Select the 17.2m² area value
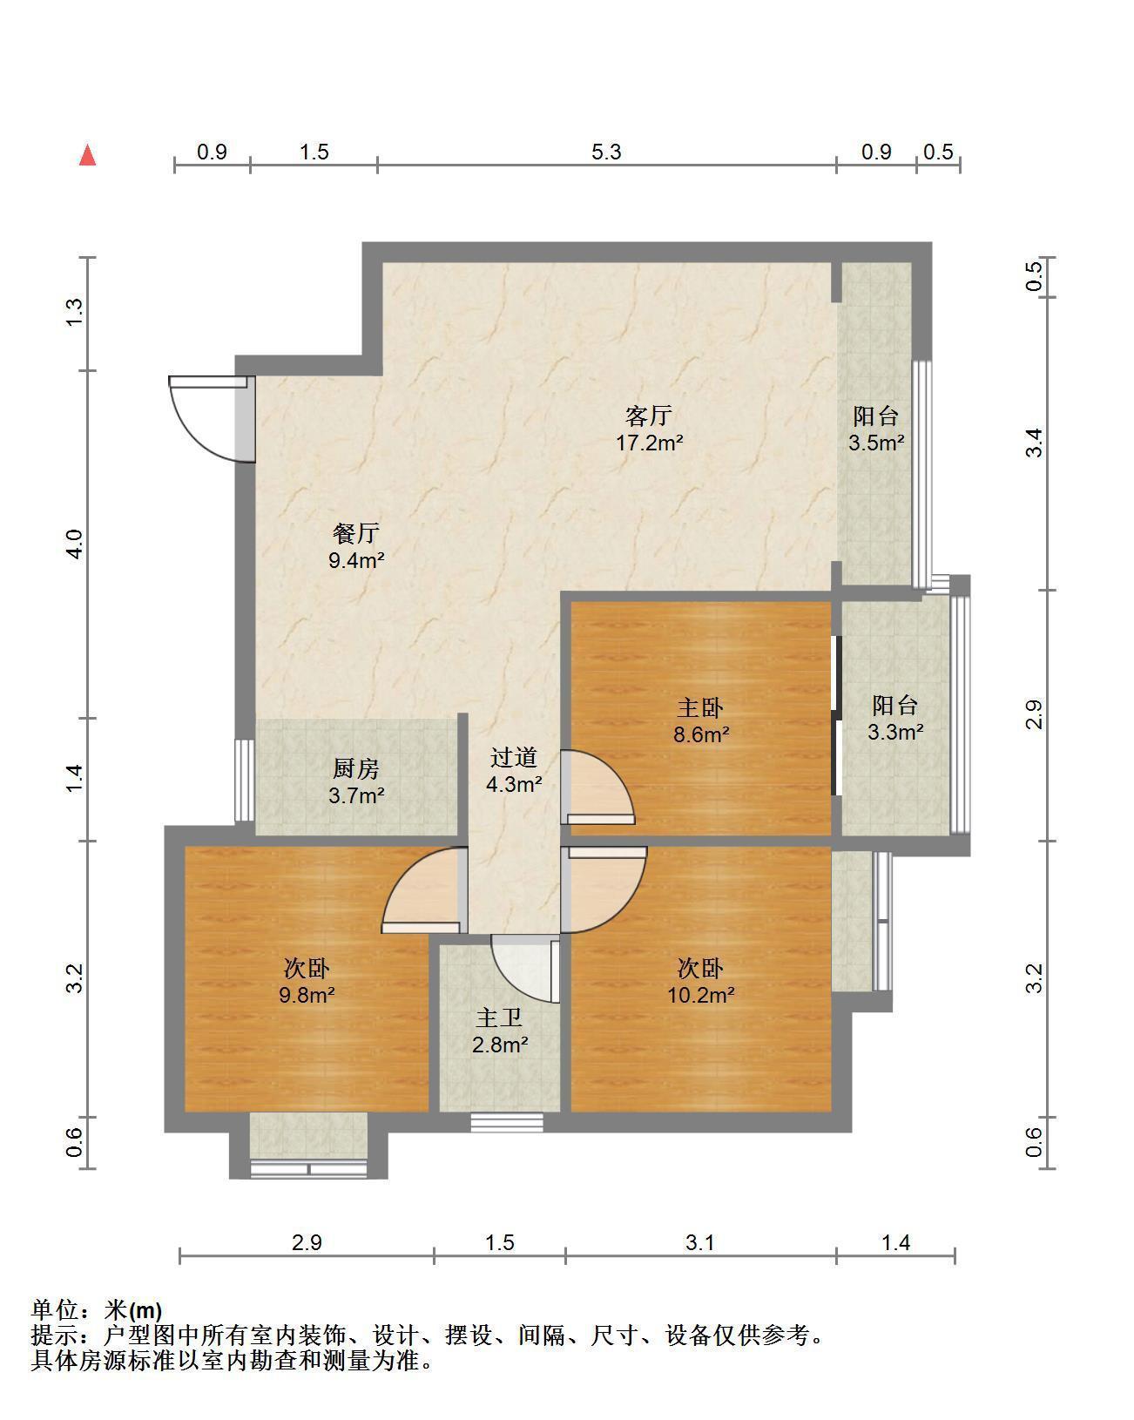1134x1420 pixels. tap(649, 442)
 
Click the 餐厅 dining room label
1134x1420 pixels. tap(356, 532)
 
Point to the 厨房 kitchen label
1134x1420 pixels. tap(356, 768)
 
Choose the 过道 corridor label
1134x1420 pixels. tap(514, 757)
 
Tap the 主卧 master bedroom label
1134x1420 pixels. tap(700, 707)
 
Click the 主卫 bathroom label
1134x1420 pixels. tap(499, 1018)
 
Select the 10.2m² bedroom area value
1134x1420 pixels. tap(700, 994)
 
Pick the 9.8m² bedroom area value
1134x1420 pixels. tap(307, 994)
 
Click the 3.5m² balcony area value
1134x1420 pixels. tap(876, 442)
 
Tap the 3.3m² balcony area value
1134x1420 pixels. tap(895, 731)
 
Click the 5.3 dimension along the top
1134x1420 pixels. tap(606, 152)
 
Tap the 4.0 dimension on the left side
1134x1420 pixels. tap(75, 544)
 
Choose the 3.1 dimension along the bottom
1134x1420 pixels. tap(700, 1242)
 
